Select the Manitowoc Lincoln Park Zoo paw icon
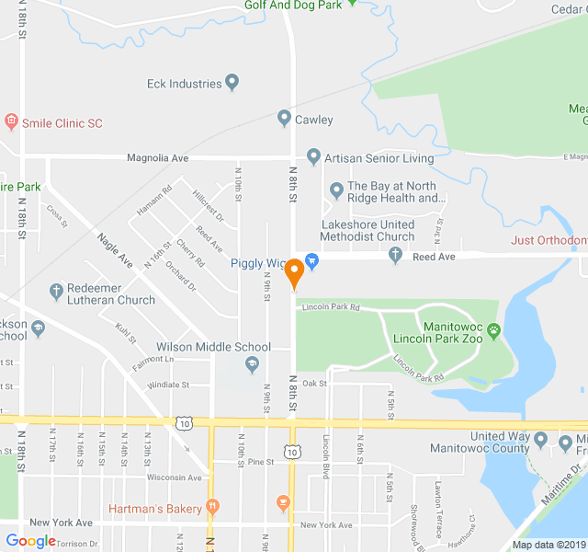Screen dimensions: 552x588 (494, 330)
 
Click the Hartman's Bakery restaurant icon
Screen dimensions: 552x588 (212, 505)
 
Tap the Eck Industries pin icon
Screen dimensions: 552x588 (232, 84)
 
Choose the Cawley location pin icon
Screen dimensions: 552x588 (284, 119)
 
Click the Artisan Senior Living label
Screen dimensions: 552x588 (379, 157)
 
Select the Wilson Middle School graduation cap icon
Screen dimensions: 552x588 (252, 366)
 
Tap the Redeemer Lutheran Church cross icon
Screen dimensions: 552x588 (56, 293)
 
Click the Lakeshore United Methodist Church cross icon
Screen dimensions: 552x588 (396, 256)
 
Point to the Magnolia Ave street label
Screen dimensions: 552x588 (157, 158)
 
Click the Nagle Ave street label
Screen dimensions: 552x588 (116, 250)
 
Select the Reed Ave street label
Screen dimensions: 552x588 (435, 257)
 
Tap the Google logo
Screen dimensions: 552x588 (30, 541)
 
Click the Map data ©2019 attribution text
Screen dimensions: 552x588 (548, 545)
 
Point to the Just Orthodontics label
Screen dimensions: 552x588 (548, 241)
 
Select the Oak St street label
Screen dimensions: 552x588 (315, 383)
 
